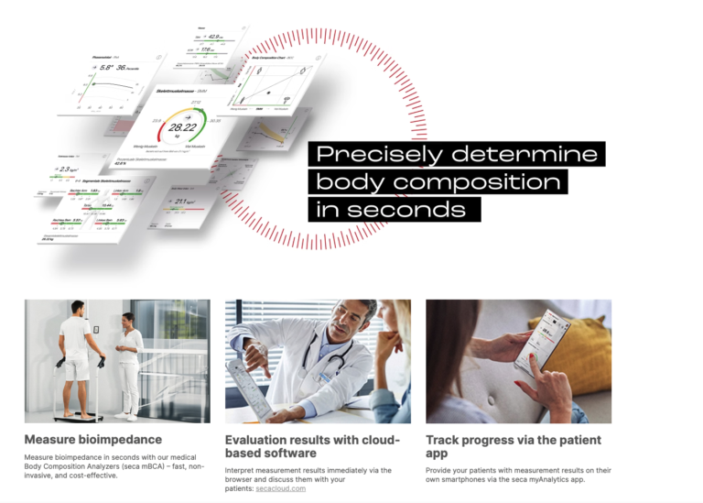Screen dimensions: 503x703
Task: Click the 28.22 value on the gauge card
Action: point(182,127)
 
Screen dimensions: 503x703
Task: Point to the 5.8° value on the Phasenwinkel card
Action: point(107,67)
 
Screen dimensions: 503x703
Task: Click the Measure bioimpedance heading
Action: point(92,440)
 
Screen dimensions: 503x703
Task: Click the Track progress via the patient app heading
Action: point(513,446)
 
